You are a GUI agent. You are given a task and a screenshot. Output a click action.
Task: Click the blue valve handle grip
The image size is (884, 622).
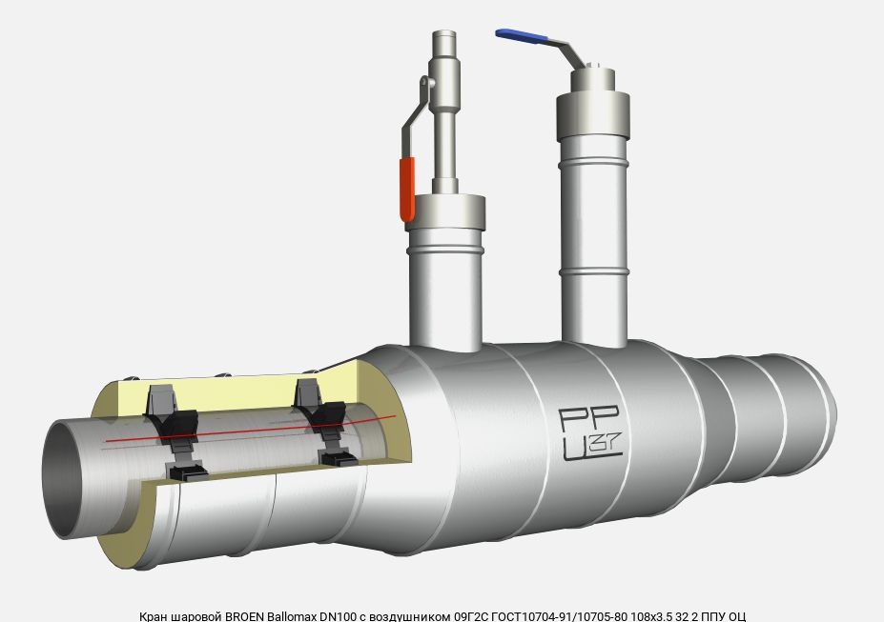522,36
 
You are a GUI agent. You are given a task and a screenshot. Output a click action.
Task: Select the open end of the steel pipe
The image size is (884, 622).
62,478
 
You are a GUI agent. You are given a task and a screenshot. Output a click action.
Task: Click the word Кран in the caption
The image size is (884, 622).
153,616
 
